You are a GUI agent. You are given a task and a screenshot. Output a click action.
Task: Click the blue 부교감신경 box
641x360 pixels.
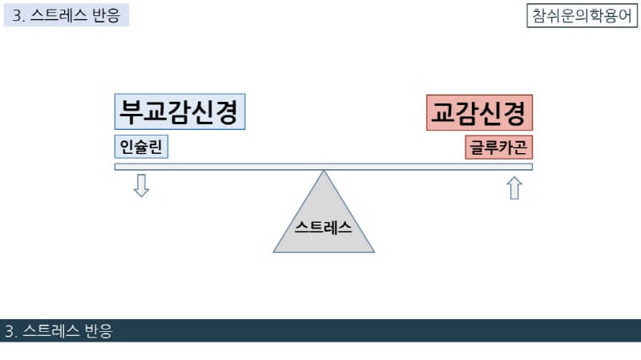pyautogui.click(x=179, y=112)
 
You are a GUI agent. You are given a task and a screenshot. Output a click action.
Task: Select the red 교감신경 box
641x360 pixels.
pyautogui.click(x=479, y=112)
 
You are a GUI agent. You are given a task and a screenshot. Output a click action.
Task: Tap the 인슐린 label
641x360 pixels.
pyautogui.click(x=142, y=148)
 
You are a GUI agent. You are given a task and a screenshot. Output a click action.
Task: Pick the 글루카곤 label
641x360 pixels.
pyautogui.click(x=498, y=148)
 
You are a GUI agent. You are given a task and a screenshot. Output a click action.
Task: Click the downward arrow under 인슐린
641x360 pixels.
pyautogui.click(x=142, y=185)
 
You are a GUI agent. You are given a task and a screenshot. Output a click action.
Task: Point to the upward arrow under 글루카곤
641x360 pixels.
pyautogui.click(x=514, y=188)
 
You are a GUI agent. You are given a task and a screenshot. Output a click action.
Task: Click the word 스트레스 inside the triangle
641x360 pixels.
pyautogui.click(x=324, y=226)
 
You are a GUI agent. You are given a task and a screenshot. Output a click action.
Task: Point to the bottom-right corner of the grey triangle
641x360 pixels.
pyautogui.click(x=373, y=252)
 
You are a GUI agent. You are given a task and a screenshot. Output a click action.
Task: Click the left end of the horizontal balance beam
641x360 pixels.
pyautogui.click(x=117, y=167)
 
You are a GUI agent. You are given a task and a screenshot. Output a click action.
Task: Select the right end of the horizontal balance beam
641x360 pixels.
pyautogui.click(x=530, y=167)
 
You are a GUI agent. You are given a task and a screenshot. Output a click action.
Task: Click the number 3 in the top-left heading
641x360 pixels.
pyautogui.click(x=16, y=16)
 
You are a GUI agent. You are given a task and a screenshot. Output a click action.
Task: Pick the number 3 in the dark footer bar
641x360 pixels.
pyautogui.click(x=9, y=331)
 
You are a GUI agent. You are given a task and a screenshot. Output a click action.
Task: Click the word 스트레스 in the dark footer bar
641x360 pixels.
pyautogui.click(x=49, y=331)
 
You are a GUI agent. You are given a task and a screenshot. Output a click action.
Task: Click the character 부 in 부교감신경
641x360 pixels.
pyautogui.click(x=130, y=112)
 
